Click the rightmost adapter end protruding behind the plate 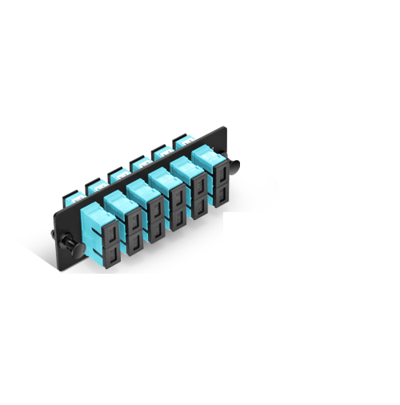pyautogui.click(x=181, y=142)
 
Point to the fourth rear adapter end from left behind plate pyautogui.click(x=138, y=163)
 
